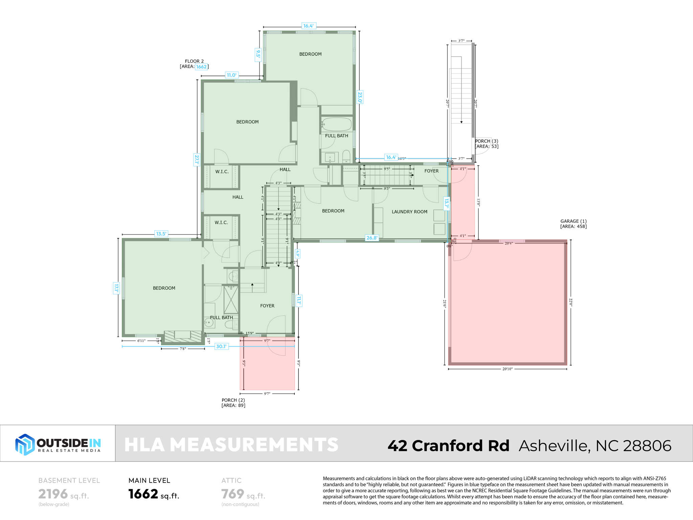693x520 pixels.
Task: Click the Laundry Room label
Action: coord(409,212)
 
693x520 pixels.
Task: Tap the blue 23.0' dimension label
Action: coord(360,97)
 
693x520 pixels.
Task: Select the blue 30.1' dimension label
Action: coord(221,346)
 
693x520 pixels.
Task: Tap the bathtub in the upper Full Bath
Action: coord(336,124)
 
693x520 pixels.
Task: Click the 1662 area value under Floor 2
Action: coord(201,67)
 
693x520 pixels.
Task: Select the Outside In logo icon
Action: coord(25,444)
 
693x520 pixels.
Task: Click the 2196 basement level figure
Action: coord(53,494)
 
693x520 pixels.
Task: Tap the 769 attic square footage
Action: coord(232,494)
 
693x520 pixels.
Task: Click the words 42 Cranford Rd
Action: coord(448,446)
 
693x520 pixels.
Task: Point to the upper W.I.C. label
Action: coord(222,172)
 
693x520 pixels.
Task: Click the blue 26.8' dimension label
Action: coord(372,238)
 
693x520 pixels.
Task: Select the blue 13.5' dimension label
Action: coord(161,234)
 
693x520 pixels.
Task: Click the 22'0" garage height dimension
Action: coord(571,302)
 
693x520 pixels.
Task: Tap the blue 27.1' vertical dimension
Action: coord(197,159)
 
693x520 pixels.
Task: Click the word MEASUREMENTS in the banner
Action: coord(254,445)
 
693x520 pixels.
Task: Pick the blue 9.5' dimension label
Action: coord(258,53)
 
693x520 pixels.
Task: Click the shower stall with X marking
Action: coord(231,300)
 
